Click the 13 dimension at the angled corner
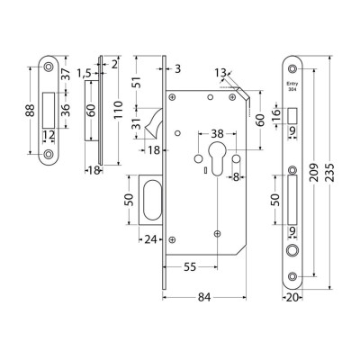[x=221, y=72]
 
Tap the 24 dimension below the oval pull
[x=151, y=239]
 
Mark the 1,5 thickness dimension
[x=83, y=70]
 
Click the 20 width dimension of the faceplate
[x=293, y=292]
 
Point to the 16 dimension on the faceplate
[x=275, y=112]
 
